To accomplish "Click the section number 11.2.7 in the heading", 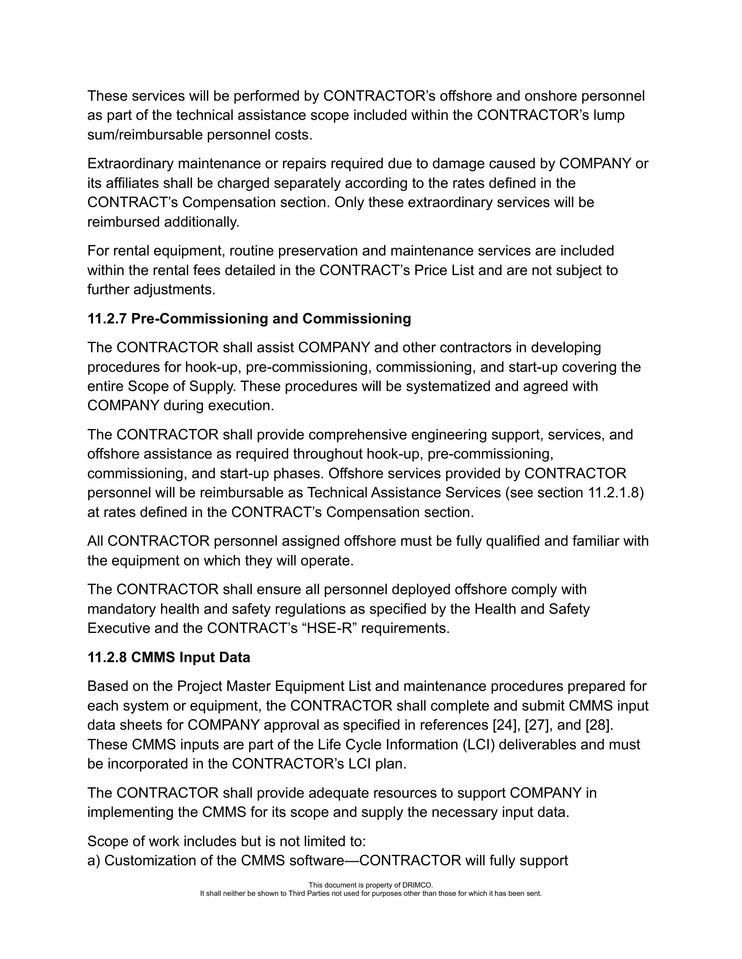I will [x=107, y=319].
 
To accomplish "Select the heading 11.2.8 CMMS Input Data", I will [x=169, y=657].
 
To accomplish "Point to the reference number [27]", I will [x=539, y=725].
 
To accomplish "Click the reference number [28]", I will [x=598, y=725].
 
